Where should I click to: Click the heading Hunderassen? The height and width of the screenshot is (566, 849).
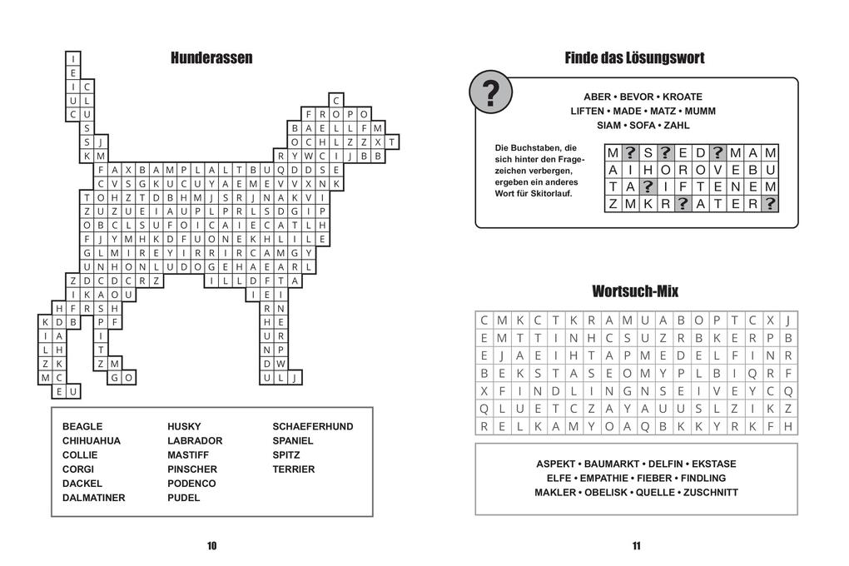(x=211, y=58)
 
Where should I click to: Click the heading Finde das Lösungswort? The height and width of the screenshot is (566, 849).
(x=634, y=58)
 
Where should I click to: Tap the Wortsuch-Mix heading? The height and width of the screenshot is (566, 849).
(x=635, y=291)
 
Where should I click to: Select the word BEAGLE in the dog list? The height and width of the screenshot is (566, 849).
(x=82, y=426)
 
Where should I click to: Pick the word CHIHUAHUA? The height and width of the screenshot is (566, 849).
(x=92, y=440)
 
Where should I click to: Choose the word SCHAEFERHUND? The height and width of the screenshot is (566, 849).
(x=313, y=426)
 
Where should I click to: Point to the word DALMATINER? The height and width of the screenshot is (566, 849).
(x=94, y=498)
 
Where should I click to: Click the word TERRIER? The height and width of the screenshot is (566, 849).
(x=294, y=469)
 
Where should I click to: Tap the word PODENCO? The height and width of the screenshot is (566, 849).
(x=191, y=484)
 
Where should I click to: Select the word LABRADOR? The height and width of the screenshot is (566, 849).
(x=195, y=440)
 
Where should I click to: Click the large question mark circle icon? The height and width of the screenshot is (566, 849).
(x=491, y=93)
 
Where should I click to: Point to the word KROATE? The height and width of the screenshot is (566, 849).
(x=683, y=97)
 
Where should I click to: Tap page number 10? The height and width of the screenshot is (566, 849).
(x=211, y=546)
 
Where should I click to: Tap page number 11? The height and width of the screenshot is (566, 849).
(x=636, y=546)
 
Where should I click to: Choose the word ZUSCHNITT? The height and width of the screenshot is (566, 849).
(x=708, y=492)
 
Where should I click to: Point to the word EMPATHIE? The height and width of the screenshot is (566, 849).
(x=604, y=478)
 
